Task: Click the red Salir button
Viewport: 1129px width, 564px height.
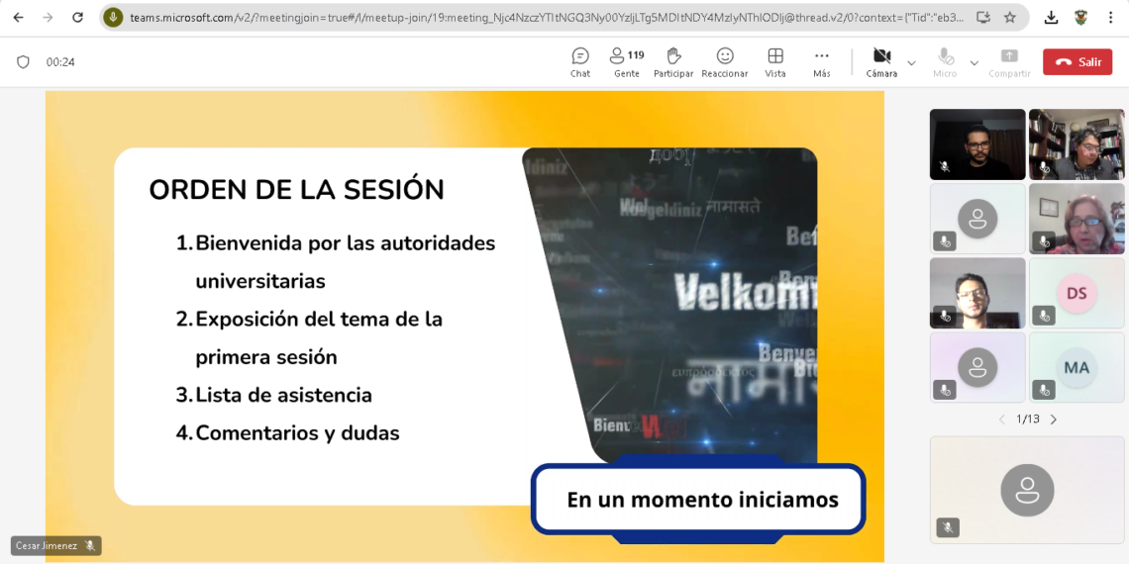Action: coord(1078,61)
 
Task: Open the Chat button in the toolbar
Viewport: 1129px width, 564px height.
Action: coord(580,61)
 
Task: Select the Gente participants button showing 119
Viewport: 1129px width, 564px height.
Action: coord(626,61)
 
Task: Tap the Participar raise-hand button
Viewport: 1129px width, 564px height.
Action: coord(673,61)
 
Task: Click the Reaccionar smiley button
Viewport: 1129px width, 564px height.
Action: coord(725,61)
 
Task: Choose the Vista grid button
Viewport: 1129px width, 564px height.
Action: coord(775,61)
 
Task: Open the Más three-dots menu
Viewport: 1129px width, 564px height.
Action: coord(821,61)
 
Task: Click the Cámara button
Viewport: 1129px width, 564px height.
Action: coord(881,61)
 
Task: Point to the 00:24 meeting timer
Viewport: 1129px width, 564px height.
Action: coord(60,62)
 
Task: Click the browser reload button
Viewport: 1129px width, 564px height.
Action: coord(78,17)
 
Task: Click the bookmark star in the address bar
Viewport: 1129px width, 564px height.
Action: coord(1010,17)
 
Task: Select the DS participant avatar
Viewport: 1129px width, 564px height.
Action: coord(1077,293)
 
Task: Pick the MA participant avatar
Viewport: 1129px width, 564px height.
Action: coord(1077,367)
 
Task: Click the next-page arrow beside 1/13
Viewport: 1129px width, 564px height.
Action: coord(1054,420)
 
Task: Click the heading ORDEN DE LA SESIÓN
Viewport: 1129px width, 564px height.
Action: coord(296,189)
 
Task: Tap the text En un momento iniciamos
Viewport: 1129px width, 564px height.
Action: coord(702,500)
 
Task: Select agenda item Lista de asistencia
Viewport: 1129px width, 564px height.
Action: coord(283,395)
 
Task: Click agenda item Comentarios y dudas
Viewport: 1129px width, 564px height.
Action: coord(297,432)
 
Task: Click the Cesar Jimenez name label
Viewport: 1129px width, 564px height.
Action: coord(47,545)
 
